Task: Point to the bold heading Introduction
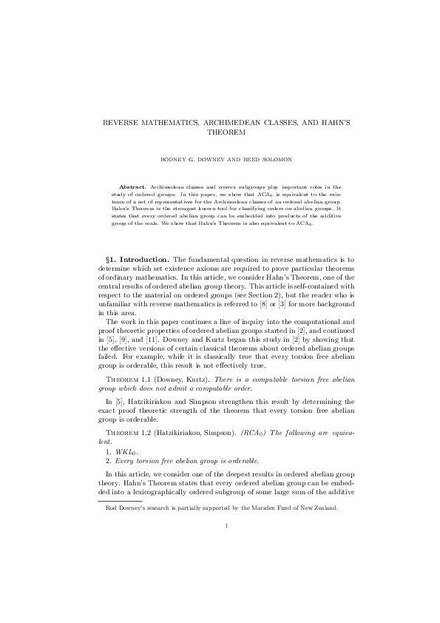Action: [x=149, y=259]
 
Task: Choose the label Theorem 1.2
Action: [x=134, y=433]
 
